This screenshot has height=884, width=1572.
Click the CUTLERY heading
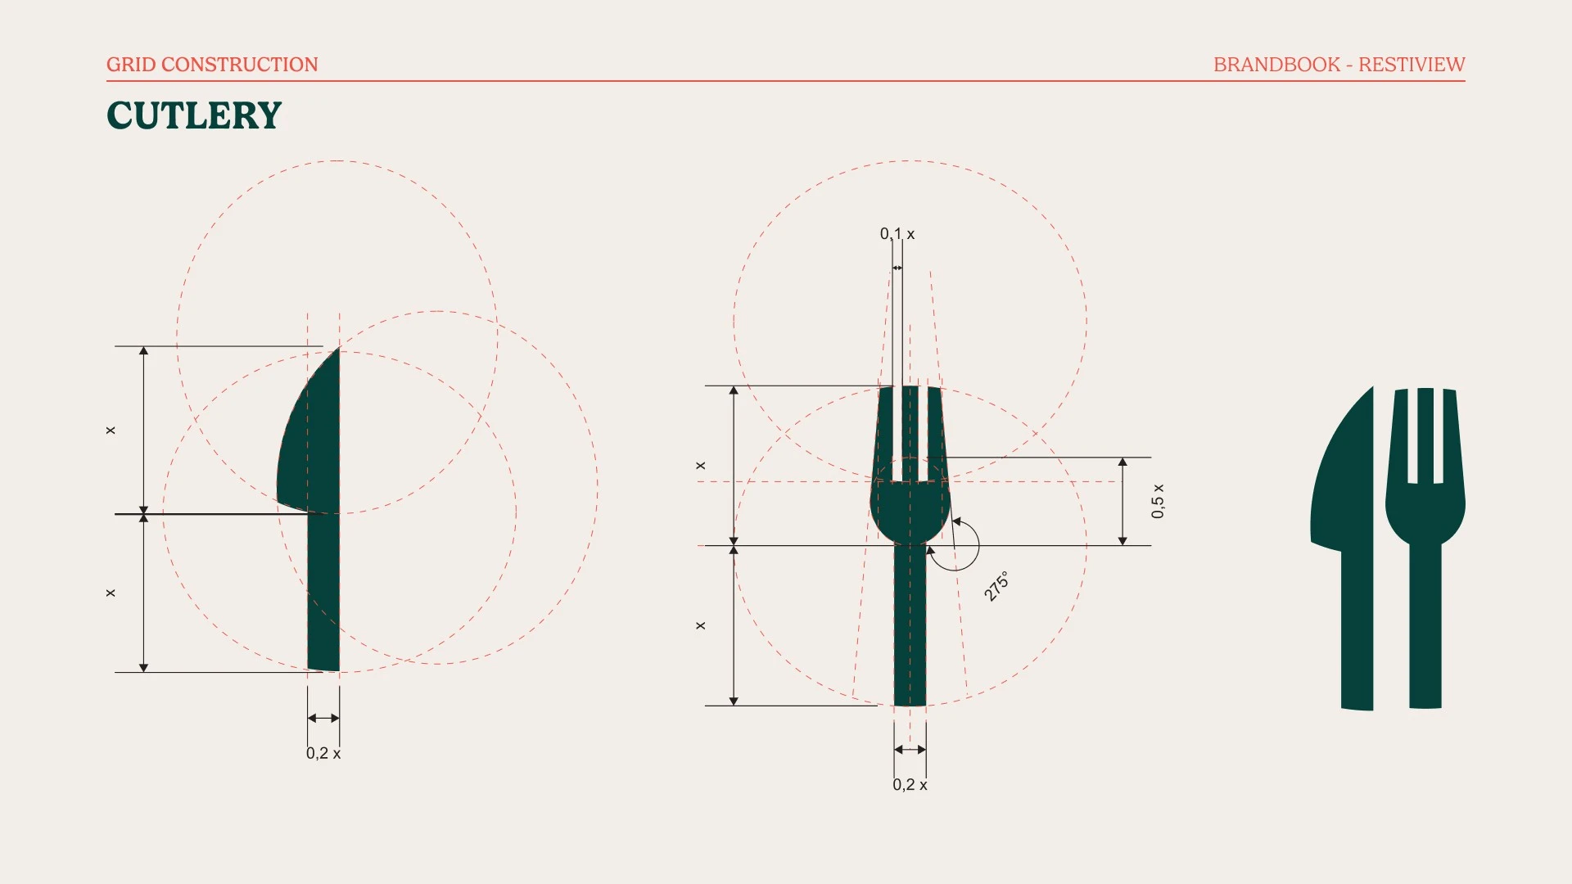pos(194,115)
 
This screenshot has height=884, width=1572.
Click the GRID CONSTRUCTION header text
pos(212,65)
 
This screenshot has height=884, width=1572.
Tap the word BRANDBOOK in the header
pos(1276,65)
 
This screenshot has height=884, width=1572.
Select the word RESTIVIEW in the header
pos(1412,65)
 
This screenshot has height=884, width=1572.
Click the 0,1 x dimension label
pos(897,234)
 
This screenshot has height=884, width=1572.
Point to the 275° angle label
pos(996,586)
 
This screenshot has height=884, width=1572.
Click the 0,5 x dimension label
pos(1157,501)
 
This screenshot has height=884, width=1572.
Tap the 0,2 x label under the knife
pos(323,753)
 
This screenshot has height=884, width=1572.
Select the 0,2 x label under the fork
pos(910,784)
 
